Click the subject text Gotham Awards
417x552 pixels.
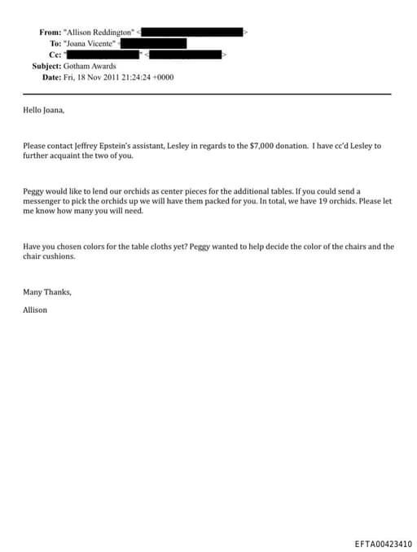click(90, 66)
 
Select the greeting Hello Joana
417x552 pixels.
click(43, 109)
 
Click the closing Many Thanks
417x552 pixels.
click(46, 291)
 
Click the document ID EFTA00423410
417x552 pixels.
click(383, 543)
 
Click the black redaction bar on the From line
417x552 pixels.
click(194, 32)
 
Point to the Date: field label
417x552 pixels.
click(52, 77)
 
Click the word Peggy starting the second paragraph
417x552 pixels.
click(34, 190)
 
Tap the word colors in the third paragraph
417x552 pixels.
click(95, 246)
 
